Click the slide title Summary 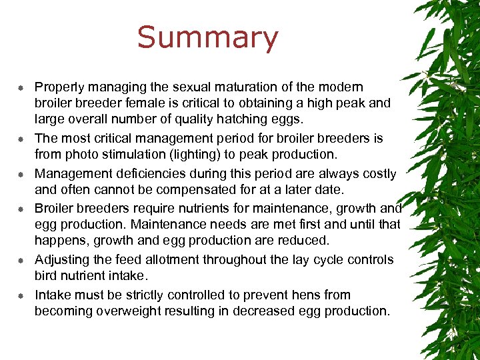coord(207,39)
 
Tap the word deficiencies coord(137,174)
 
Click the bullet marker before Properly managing coord(21,88)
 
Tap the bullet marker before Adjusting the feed coord(21,261)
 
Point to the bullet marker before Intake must coord(21,295)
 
